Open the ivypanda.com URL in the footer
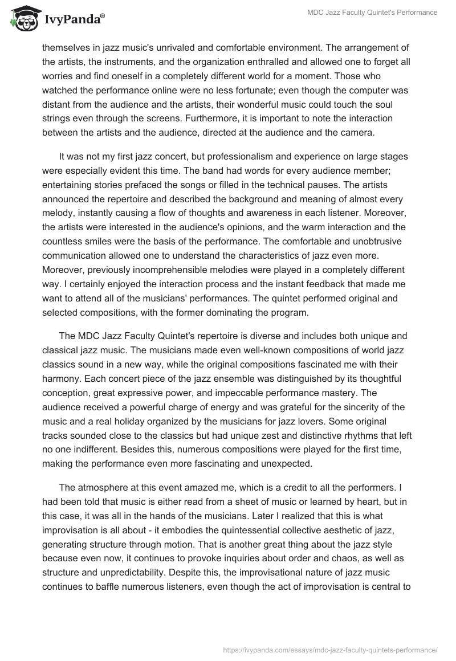331,648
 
